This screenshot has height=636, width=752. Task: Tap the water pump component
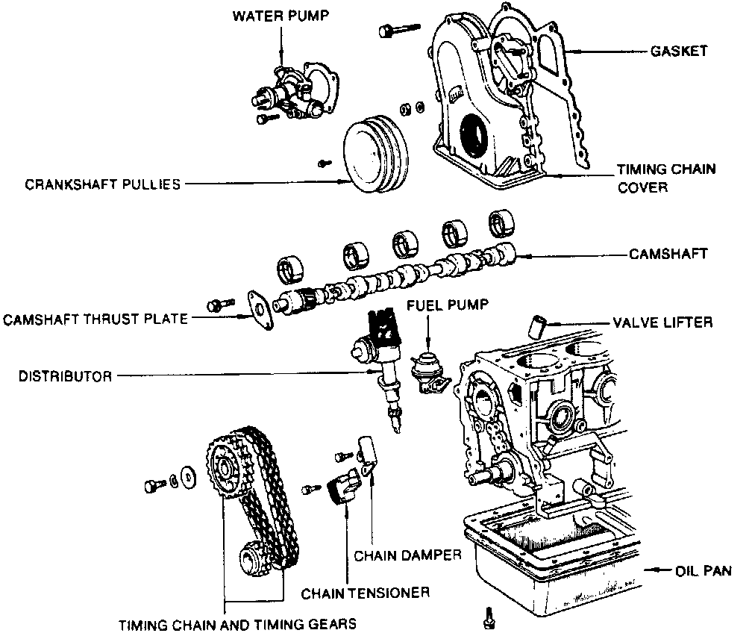[295, 93]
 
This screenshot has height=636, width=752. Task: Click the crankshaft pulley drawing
[377, 157]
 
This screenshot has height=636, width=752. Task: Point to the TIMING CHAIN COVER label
[665, 178]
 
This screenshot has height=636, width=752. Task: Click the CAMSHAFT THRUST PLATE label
[95, 319]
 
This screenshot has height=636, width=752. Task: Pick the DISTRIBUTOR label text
[66, 376]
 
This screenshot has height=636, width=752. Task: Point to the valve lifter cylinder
[538, 325]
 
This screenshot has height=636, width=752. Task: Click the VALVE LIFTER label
[662, 322]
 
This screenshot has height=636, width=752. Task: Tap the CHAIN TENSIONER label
[365, 593]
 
